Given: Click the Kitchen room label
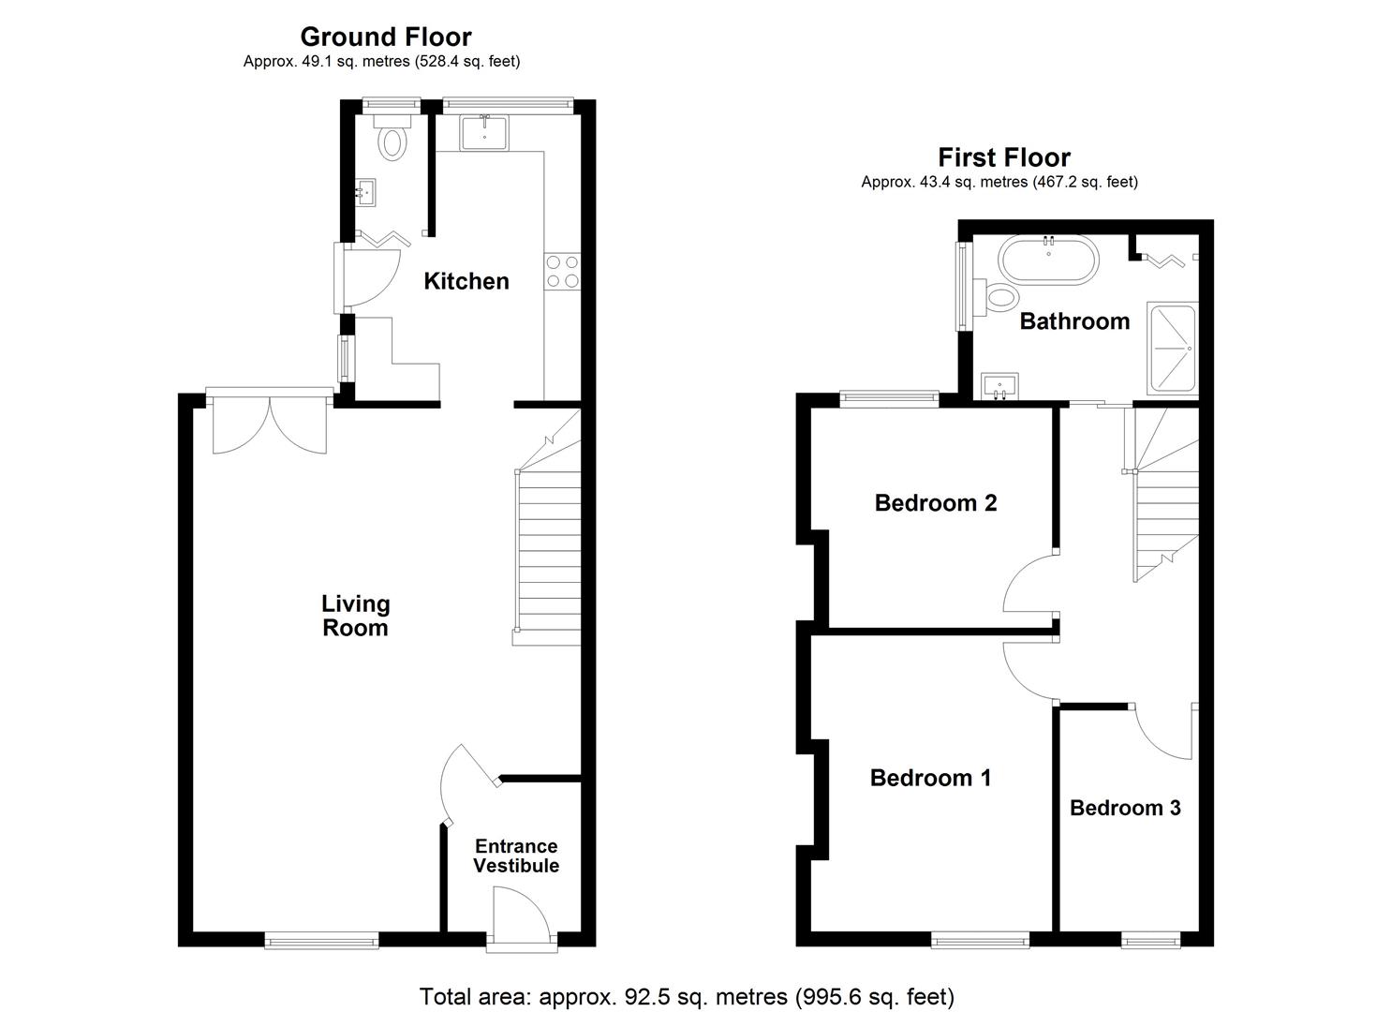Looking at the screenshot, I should pos(466,281).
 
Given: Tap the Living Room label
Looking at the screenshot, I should pos(355,616).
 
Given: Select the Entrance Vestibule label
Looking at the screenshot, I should pos(515,856).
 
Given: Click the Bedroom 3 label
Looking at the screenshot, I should pos(1124,808).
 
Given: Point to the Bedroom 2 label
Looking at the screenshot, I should pos(935,503).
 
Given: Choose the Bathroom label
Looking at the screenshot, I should pos(1073,321).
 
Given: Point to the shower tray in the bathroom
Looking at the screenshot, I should pos(1173,349).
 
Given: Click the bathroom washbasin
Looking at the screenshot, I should pos(1001,385).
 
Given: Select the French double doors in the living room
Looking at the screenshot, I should pos(269,426).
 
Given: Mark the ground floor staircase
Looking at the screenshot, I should pos(547,553).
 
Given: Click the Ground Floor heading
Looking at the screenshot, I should pos(385,37).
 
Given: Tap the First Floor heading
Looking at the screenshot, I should pos(1003,157).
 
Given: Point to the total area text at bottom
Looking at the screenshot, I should pos(686,996).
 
